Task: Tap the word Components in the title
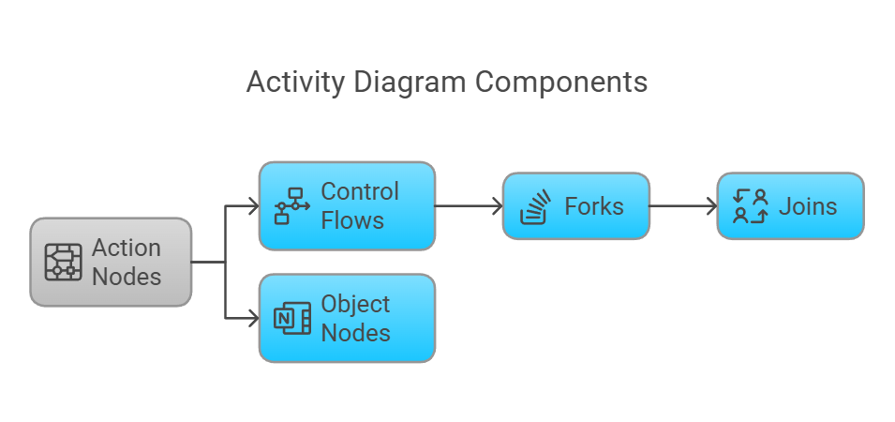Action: tap(560, 83)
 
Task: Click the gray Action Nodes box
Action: tap(111, 263)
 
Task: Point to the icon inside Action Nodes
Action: tap(64, 263)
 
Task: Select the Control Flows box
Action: tap(347, 206)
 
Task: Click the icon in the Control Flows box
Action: tap(291, 206)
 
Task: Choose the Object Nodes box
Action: tap(347, 319)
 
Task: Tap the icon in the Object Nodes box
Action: tap(291, 319)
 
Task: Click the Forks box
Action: tap(575, 206)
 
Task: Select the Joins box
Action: tap(790, 206)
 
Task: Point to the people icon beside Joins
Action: tap(750, 206)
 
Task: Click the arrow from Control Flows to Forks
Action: tap(469, 206)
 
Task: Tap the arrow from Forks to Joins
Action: tap(682, 206)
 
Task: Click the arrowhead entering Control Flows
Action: tap(253, 206)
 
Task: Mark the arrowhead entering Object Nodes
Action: tap(253, 319)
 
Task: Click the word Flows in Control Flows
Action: tap(352, 221)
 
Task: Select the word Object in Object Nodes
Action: tap(355, 305)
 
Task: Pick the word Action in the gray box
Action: tap(127, 249)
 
